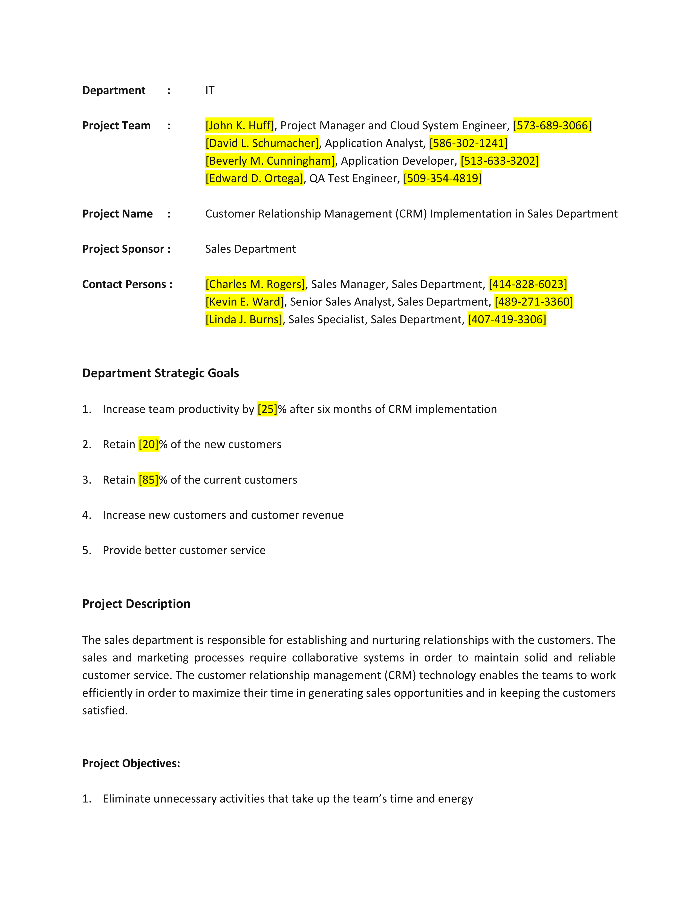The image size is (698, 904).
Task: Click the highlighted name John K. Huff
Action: (240, 125)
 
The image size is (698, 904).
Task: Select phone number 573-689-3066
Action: (552, 125)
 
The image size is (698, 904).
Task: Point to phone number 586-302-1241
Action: (468, 143)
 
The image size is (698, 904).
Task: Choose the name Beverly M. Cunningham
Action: (270, 161)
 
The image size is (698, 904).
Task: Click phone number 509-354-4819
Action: (442, 178)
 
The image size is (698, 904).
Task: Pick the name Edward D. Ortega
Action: (254, 178)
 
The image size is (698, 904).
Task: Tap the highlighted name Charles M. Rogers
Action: (255, 284)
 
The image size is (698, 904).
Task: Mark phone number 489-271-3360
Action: (533, 302)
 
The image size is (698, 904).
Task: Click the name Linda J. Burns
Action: (244, 319)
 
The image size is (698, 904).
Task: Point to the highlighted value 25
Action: (267, 409)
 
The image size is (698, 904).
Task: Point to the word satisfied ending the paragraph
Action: (104, 711)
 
